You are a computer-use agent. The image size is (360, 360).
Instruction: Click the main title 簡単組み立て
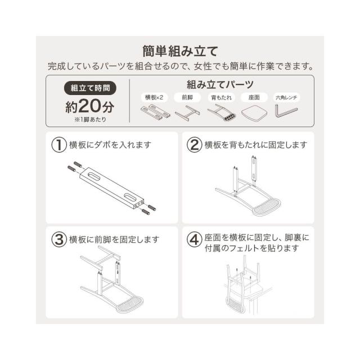point(180,51)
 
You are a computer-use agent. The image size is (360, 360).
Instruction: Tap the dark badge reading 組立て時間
point(90,88)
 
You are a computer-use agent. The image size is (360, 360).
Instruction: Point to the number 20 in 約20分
point(90,106)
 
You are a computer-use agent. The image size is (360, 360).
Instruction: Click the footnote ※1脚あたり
point(90,120)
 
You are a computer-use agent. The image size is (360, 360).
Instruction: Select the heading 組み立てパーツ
point(220,84)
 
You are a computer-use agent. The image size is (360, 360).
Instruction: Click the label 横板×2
point(154,97)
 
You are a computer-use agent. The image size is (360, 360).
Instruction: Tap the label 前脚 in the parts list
point(187,97)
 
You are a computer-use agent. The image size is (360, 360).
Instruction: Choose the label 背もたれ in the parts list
point(221,97)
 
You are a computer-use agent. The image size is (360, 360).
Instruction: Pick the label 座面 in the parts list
point(254,97)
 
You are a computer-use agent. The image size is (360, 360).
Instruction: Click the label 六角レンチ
point(286,97)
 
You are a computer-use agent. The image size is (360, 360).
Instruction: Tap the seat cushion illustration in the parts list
point(254,112)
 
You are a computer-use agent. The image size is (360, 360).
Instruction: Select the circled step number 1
point(59,145)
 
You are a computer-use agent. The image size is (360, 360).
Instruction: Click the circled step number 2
point(194,145)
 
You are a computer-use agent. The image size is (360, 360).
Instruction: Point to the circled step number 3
point(59,240)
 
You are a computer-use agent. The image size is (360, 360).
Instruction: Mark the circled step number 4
point(194,240)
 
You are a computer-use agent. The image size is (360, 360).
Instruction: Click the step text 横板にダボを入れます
point(110,145)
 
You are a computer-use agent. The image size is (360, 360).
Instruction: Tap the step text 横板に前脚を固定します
point(114,240)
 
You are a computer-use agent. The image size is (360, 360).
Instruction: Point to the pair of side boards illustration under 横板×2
point(155,112)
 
